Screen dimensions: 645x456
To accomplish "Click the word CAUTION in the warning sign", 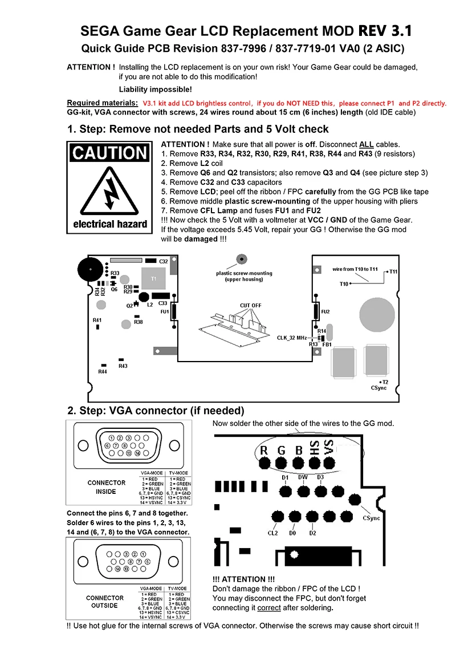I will tap(110, 153).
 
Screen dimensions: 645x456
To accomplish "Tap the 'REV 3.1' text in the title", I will tap(385, 30).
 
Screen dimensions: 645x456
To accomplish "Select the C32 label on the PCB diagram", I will tap(164, 261).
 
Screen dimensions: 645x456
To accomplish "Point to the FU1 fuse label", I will tap(164, 312).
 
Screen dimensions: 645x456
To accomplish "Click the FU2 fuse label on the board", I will tap(325, 312).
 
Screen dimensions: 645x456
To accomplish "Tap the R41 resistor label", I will tap(97, 321).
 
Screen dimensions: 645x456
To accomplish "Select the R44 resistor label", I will tap(103, 372).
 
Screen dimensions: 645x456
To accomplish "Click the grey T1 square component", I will tap(153, 278).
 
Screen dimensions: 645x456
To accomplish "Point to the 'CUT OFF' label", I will tap(250, 306).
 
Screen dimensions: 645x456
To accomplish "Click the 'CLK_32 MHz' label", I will tap(292, 338).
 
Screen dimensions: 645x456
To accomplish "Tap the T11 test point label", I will tap(394, 271).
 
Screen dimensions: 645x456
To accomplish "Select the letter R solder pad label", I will tap(263, 451).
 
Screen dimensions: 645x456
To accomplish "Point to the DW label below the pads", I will tap(303, 477).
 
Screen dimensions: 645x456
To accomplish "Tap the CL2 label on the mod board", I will tap(272, 533).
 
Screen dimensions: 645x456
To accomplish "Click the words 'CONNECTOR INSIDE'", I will tap(106, 487).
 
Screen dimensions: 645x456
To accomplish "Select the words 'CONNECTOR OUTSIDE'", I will tap(104, 602).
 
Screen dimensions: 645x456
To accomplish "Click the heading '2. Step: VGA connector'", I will tap(156, 411).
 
